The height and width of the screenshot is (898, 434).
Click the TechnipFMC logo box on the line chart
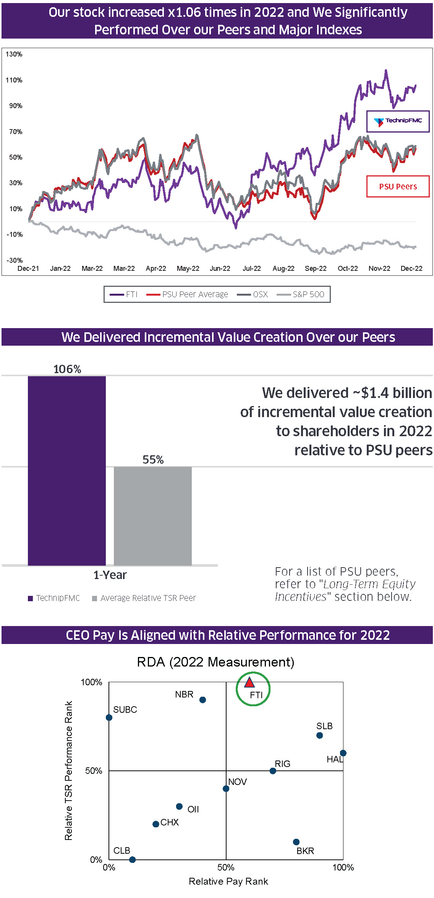[398, 121]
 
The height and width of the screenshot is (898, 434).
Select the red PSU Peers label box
[398, 186]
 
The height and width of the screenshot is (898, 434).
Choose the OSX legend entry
[253, 294]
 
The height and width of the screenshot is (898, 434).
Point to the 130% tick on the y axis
[14, 54]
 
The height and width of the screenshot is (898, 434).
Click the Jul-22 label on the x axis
[252, 269]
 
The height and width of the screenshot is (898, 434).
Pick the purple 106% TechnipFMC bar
[67, 470]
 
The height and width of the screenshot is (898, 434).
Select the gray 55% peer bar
[153, 516]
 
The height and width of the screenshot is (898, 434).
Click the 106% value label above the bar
[67, 369]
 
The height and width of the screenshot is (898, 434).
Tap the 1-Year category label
[110, 575]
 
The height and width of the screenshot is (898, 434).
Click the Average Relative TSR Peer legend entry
[144, 598]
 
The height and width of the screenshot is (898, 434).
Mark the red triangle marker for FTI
[249, 682]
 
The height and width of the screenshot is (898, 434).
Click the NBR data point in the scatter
[203, 700]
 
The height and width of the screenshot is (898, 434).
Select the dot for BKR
[296, 842]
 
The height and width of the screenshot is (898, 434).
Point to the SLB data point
[320, 735]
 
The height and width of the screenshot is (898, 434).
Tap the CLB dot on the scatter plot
[132, 859]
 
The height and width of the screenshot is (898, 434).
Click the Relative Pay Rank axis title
[228, 881]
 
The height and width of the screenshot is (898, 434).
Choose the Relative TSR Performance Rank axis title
[68, 770]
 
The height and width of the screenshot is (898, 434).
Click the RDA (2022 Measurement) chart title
[215, 662]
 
